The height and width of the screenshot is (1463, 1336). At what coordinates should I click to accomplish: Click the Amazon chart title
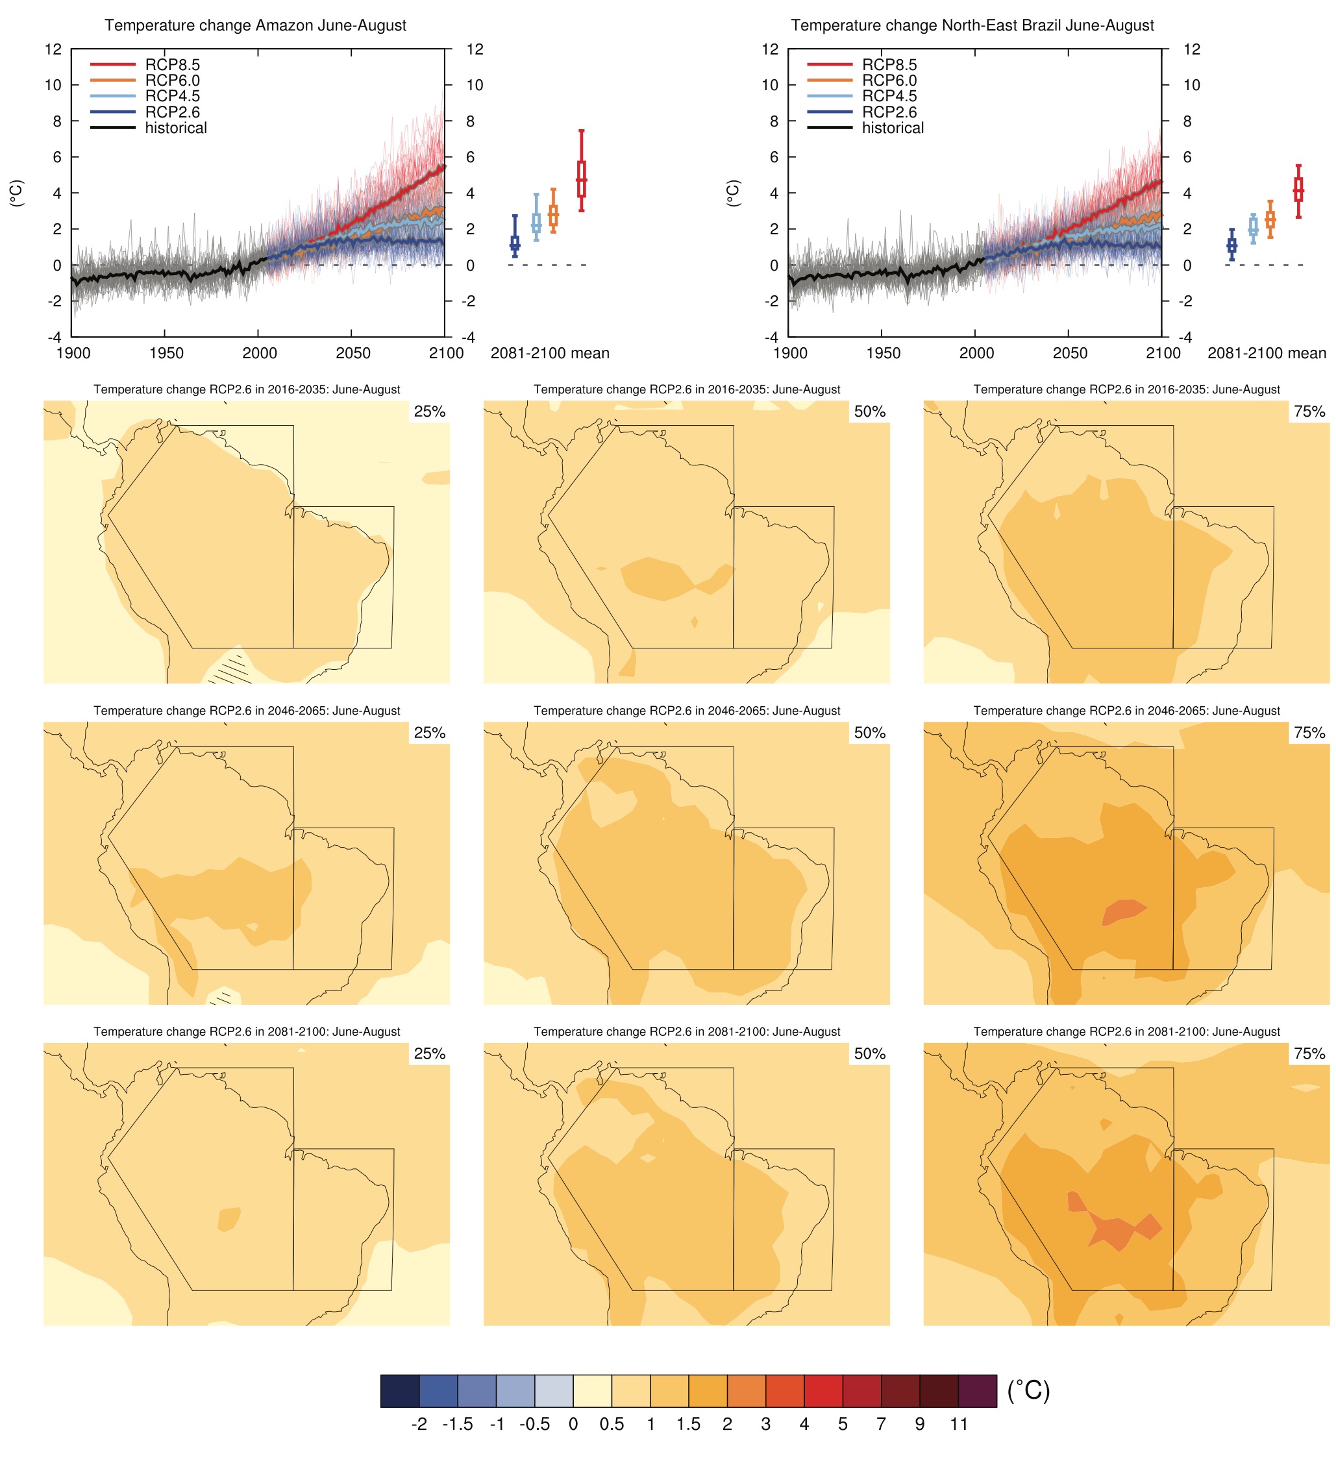[x=254, y=25]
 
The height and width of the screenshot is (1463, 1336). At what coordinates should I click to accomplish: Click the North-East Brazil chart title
[x=971, y=25]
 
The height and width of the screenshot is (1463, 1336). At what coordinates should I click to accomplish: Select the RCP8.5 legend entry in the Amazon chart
[x=172, y=65]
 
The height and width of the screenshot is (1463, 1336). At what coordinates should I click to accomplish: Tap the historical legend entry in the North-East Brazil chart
[x=892, y=128]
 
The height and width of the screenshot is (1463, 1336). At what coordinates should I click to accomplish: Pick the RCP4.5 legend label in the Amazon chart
[x=172, y=96]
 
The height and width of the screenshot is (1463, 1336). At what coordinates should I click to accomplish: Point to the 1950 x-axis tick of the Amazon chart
[x=166, y=353]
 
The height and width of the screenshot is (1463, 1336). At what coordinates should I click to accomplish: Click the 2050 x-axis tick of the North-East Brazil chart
[x=1069, y=353]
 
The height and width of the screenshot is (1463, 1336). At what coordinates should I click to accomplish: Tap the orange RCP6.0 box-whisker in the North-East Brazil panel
[x=1269, y=219]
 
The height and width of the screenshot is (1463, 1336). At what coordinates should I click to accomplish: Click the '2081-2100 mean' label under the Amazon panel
[x=549, y=353]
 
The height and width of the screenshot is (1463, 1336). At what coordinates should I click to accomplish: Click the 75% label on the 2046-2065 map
[x=1309, y=733]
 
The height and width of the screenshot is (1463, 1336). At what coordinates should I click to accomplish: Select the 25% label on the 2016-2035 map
[x=429, y=412]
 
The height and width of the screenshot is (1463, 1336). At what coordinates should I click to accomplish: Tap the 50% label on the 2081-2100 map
[x=869, y=1053]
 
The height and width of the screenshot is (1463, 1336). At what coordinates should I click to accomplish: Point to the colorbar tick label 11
[x=958, y=1425]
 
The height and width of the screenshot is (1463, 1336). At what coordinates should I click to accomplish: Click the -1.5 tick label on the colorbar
[x=457, y=1425]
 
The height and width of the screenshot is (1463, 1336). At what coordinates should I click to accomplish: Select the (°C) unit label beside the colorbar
[x=1028, y=1390]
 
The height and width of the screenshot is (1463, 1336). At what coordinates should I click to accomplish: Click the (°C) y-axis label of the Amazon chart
[x=16, y=193]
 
